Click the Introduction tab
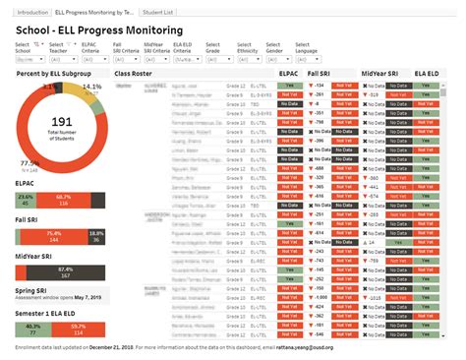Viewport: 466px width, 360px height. pos(34,13)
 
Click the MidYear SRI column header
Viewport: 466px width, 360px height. pos(379,74)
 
